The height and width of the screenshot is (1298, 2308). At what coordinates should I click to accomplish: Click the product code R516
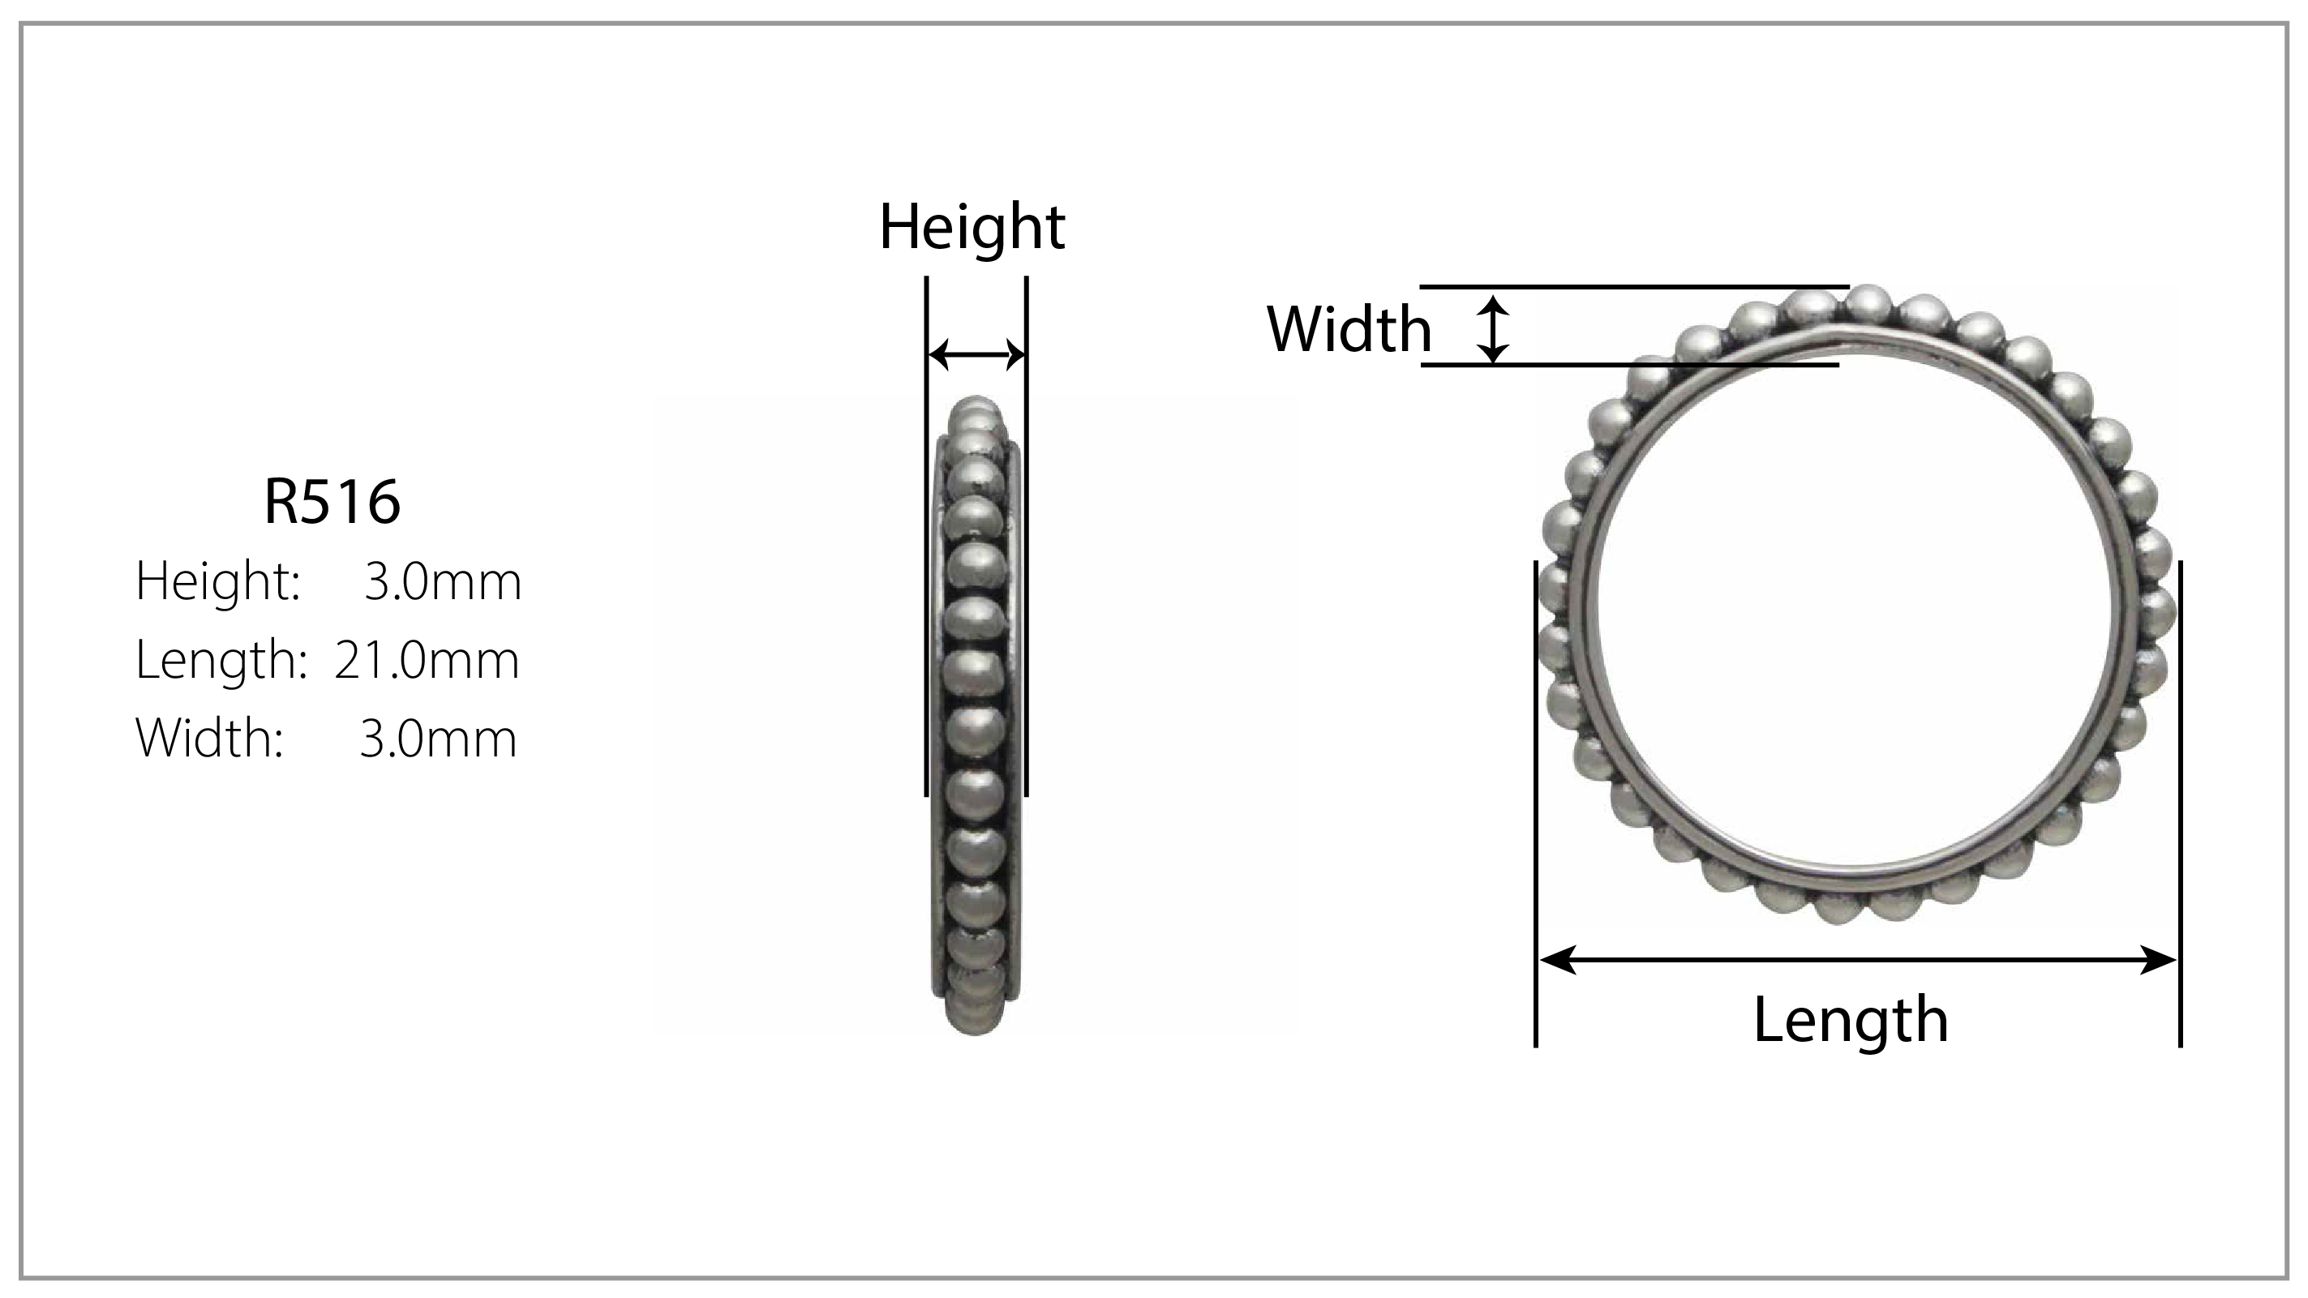(332, 502)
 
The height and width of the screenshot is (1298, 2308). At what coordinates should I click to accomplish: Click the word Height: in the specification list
(217, 580)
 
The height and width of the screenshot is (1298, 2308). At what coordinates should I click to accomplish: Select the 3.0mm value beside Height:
(443, 580)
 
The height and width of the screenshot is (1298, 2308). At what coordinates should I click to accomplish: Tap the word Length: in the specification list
(221, 659)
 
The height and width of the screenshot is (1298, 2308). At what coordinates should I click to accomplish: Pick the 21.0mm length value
(427, 659)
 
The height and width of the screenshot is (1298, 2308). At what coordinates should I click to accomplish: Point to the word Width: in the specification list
(210, 738)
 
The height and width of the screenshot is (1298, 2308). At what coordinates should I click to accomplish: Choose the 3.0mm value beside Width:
(438, 738)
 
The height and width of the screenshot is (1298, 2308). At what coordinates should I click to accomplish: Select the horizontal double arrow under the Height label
(976, 355)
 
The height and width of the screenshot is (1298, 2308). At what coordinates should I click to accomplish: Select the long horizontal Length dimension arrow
(1857, 960)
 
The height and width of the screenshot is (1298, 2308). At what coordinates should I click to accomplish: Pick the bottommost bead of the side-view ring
(975, 1022)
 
